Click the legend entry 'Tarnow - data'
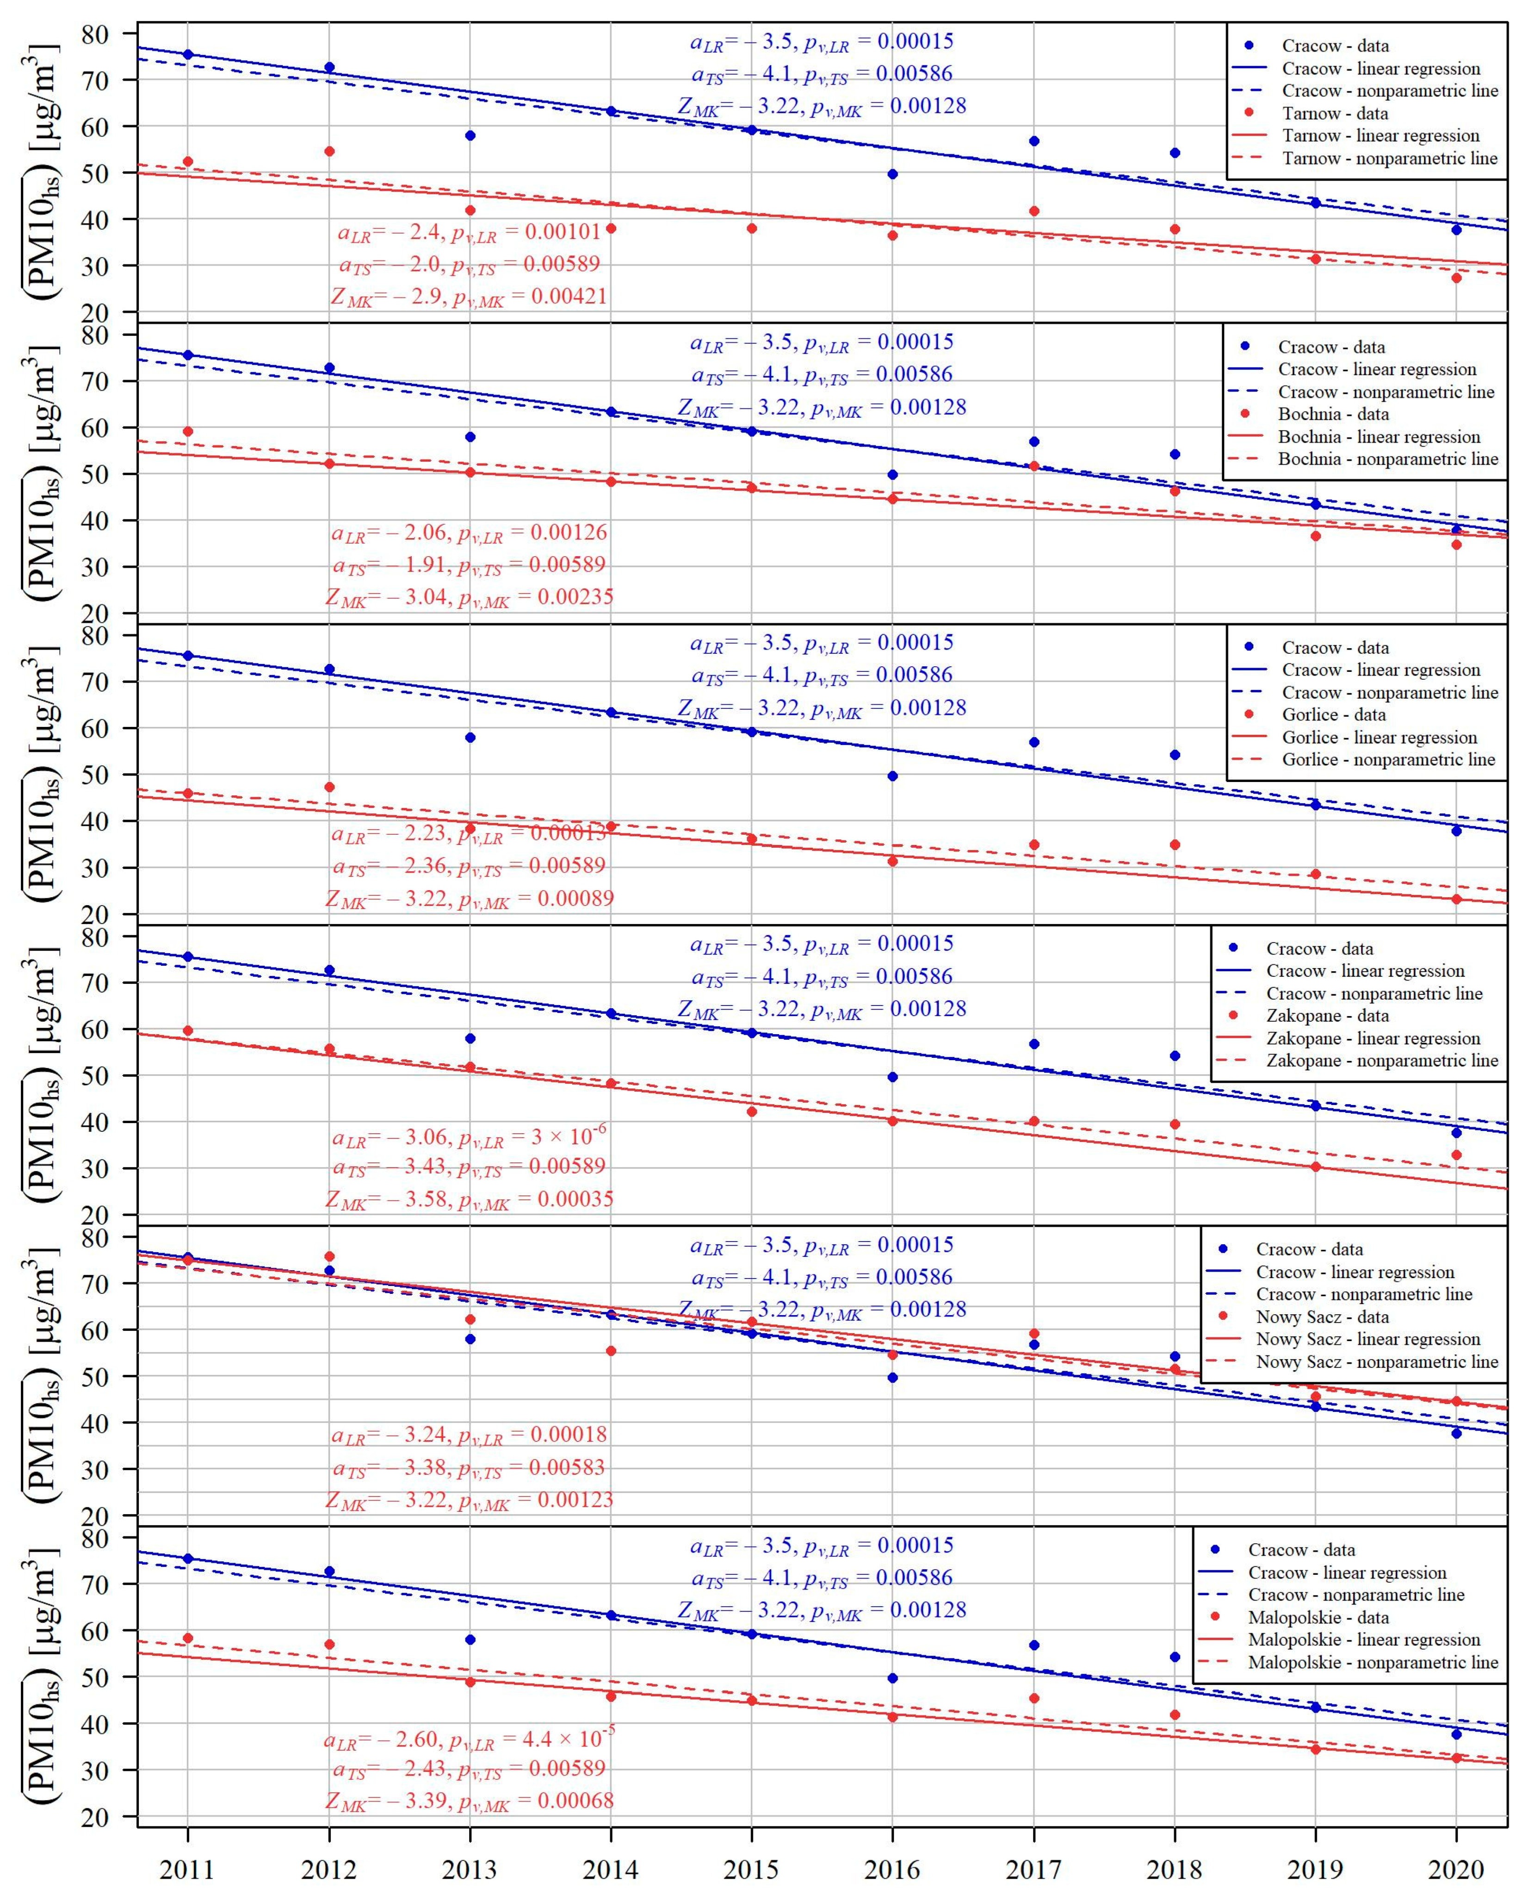click(1334, 113)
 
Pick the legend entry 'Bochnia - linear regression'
click(1379, 436)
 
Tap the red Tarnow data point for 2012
click(329, 151)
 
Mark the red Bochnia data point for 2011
click(187, 431)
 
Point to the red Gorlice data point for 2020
click(1456, 900)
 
